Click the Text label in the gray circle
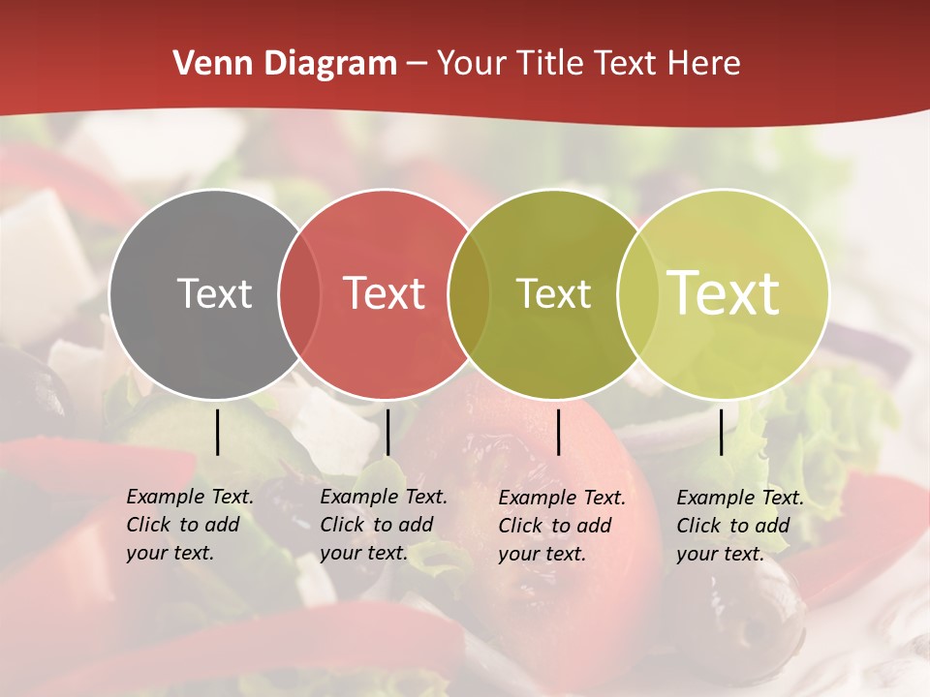214,293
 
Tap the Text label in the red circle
384,293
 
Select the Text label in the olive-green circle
553,293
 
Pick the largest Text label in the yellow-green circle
724,293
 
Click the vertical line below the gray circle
217,432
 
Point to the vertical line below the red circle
387,432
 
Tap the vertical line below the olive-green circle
558,432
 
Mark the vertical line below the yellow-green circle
721,432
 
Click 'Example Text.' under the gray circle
190,497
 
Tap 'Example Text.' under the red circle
384,497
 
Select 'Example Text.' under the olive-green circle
562,498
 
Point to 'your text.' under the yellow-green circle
720,554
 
